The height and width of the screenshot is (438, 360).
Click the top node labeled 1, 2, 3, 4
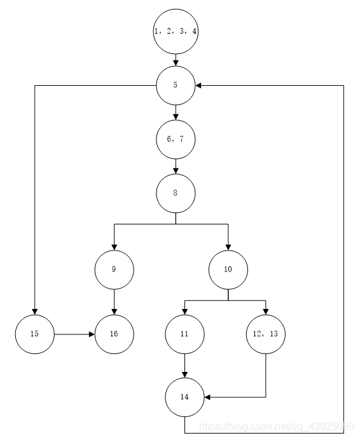click(176, 31)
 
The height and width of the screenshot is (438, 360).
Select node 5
click(176, 85)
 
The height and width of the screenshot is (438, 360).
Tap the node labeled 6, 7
click(176, 139)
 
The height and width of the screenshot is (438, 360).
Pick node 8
click(176, 192)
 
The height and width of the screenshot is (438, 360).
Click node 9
click(114, 270)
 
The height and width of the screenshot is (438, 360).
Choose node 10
click(228, 270)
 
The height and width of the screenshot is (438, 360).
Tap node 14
click(184, 397)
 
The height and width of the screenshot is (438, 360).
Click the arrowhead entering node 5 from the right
click(199, 85)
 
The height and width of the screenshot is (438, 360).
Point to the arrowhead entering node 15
click(35, 310)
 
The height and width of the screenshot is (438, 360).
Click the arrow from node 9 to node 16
click(114, 301)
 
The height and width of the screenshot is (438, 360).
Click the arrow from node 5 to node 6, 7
click(176, 112)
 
